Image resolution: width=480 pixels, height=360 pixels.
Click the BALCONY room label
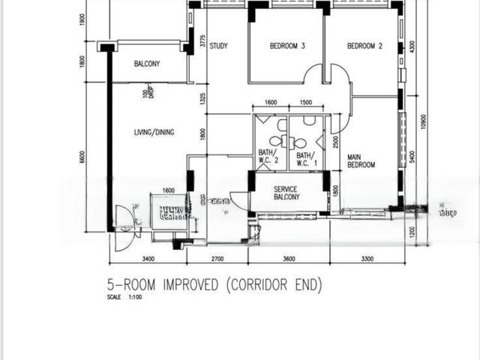[147, 64]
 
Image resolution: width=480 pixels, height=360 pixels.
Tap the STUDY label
[218, 46]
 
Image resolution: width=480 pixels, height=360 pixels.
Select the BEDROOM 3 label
[287, 46]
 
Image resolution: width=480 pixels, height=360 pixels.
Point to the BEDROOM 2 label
[364, 46]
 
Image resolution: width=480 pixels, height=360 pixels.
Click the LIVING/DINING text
[154, 133]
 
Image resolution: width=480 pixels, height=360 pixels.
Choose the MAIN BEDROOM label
[361, 161]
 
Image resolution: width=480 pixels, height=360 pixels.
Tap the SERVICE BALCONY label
[286, 193]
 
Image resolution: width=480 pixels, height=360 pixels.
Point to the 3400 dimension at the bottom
[147, 259]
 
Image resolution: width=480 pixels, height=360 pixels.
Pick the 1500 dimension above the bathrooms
[306, 103]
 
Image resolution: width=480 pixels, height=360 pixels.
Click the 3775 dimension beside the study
[202, 42]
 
